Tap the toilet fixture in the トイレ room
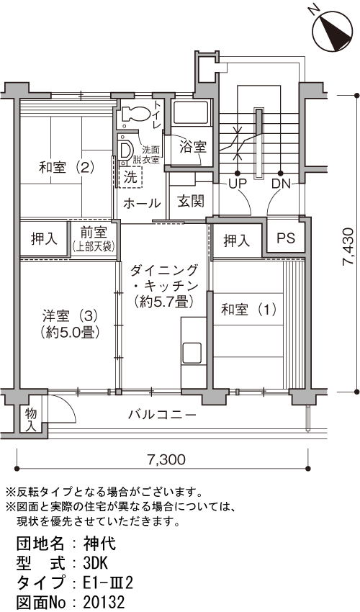click(135, 114)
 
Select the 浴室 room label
click(192, 147)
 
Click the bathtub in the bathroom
click(192, 113)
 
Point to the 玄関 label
click(191, 202)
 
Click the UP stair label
click(238, 184)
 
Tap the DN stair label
click(281, 184)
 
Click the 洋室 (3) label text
click(70, 315)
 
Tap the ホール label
click(142, 203)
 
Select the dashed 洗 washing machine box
click(130, 178)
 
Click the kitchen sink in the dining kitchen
click(192, 353)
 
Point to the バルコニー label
click(163, 414)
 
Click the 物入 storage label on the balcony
click(30, 419)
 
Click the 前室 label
click(94, 233)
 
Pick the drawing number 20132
click(103, 602)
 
